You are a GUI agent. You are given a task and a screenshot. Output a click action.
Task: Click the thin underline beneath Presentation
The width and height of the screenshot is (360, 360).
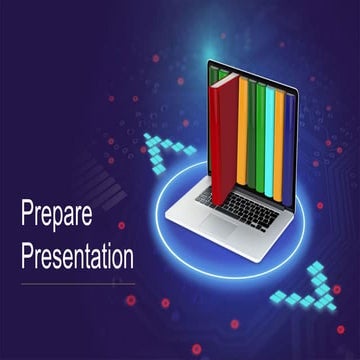coord(78,283)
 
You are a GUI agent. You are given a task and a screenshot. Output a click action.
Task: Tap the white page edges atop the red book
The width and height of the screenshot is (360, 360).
coord(225,77)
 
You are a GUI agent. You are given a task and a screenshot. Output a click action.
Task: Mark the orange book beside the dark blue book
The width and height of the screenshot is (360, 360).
coord(281,135)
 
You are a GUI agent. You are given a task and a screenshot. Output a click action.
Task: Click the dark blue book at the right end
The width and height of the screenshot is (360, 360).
coord(290,135)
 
